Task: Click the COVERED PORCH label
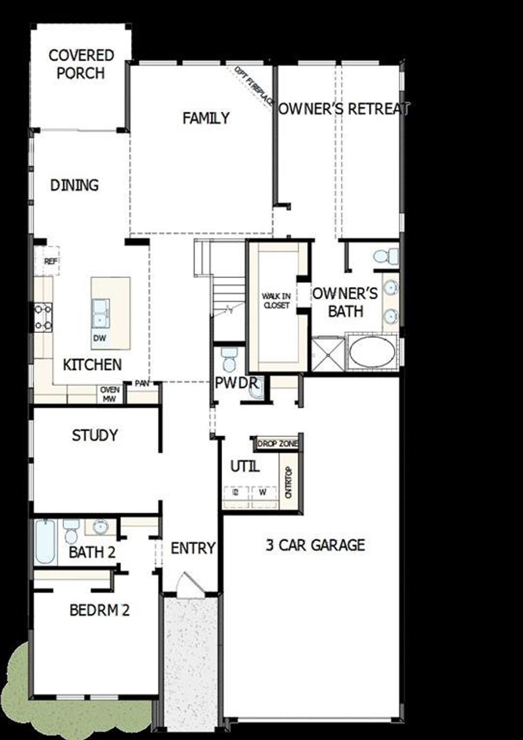click(81, 64)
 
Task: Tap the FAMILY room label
click(206, 118)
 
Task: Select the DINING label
click(74, 185)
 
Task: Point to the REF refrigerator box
click(51, 261)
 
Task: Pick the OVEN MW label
click(110, 394)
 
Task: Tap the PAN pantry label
click(142, 383)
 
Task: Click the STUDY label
click(95, 435)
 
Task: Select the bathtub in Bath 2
click(45, 542)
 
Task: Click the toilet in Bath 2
click(71, 531)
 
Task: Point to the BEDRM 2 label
click(99, 610)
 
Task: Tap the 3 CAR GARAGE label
click(315, 545)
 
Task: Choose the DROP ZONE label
click(278, 444)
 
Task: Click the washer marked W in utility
click(263, 492)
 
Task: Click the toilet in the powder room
click(229, 358)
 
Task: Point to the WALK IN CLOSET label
click(276, 300)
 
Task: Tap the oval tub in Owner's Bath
click(372, 352)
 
